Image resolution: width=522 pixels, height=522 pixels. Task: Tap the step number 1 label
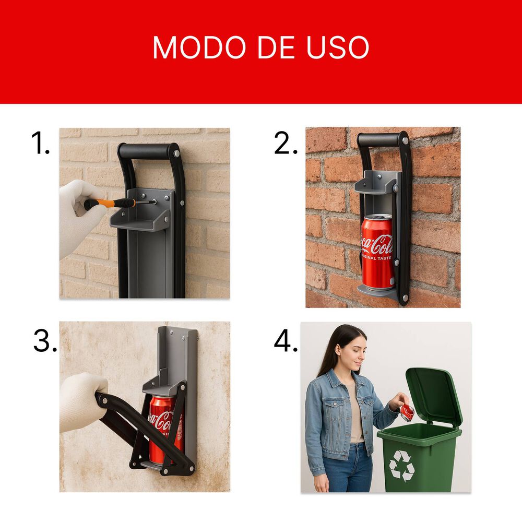pos(40,143)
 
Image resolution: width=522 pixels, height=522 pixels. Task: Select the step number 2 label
pos(286,143)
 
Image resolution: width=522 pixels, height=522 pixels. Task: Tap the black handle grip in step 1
pos(146,151)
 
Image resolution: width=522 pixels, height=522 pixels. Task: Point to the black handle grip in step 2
pos(379,139)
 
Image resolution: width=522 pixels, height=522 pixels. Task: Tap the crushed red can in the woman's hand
pos(407,412)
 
